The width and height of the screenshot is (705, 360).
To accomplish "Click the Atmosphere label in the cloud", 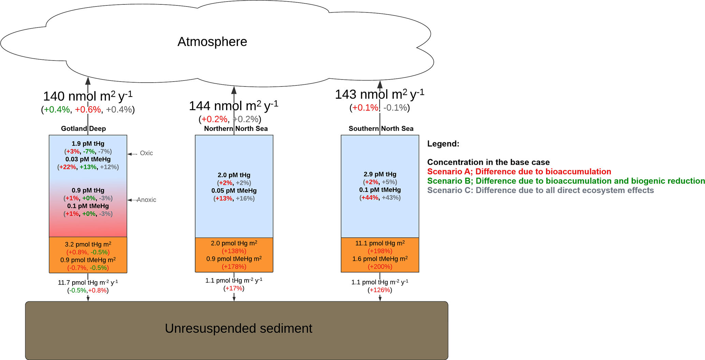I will pos(212,42).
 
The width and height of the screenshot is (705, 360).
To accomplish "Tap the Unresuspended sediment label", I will pos(238,328).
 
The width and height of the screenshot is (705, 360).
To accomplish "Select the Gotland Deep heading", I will pos(83,129).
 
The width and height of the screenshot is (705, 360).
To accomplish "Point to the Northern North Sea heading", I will pos(236,129).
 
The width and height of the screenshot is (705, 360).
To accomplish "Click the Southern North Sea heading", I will pos(381,129).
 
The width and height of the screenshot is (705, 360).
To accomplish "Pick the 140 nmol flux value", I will pos(88,96).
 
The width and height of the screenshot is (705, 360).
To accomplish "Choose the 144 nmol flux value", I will pos(234,106).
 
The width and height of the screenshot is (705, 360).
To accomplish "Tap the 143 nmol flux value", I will pos(380,95).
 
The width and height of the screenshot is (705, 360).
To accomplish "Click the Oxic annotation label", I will pos(146,153).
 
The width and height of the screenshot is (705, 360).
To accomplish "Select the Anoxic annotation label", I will pos(146,200).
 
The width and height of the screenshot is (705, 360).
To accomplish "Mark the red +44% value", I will pos(370,198).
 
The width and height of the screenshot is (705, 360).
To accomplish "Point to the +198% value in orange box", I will pos(380,251).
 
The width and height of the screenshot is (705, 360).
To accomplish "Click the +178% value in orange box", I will pos(234,267).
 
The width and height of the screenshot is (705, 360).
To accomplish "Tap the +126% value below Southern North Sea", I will pos(380,290).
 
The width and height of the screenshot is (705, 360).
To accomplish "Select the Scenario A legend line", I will pos(519,172).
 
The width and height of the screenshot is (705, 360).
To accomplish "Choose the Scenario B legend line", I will pos(566,181).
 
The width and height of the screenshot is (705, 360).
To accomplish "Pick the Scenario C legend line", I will pos(540,190).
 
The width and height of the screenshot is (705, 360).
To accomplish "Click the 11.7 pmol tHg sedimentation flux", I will pos(88,283).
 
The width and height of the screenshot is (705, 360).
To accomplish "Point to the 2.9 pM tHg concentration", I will pos(380,174).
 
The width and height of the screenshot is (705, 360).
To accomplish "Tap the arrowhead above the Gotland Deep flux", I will pos(88,81).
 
